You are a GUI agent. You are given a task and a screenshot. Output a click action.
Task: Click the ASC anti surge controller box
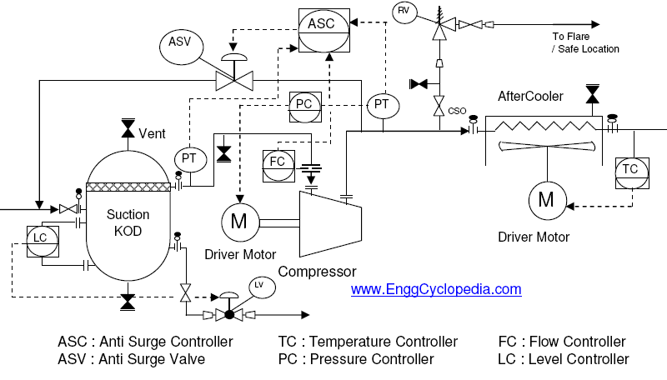tap(321, 23)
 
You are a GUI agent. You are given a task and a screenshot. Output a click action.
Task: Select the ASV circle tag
tap(180, 42)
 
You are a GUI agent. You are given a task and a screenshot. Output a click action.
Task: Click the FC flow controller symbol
tap(278, 160)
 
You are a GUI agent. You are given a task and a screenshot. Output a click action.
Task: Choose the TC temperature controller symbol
tap(630, 169)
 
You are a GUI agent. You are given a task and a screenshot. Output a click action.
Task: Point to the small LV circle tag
tap(258, 286)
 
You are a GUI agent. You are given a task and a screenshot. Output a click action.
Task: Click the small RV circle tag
tap(404, 11)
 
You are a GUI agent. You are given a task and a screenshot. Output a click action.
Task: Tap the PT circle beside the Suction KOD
tap(189, 158)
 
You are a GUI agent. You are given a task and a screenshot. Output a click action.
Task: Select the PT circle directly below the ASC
tap(382, 104)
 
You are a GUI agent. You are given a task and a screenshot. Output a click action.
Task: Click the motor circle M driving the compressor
tap(238, 222)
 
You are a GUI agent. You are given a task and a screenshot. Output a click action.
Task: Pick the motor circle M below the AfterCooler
tap(547, 199)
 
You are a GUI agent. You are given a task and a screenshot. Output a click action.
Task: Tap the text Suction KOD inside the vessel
tap(128, 222)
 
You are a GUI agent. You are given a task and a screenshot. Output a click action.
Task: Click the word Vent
tap(153, 133)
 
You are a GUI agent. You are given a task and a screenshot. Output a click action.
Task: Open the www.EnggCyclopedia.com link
tap(435, 290)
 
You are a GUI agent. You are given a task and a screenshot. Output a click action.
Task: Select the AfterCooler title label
tap(530, 97)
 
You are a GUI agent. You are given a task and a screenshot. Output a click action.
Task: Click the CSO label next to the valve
tap(457, 111)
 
